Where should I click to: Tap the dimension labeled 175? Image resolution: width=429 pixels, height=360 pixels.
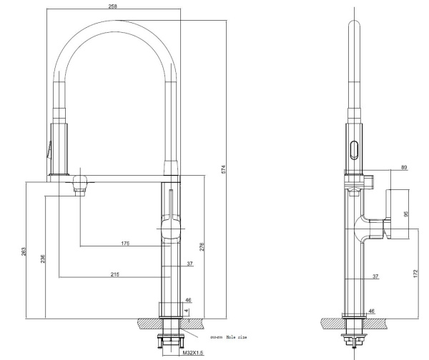click(x=125, y=244)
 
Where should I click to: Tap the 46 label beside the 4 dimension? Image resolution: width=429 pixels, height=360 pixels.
click(x=189, y=300)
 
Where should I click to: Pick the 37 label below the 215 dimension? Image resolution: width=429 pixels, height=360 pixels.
click(x=189, y=264)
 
